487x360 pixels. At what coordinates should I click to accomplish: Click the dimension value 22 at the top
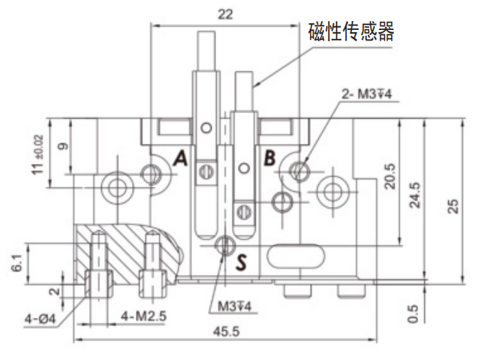(224, 13)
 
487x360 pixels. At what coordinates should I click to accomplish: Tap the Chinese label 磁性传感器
(351, 31)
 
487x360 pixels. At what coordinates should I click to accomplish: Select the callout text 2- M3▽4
(367, 94)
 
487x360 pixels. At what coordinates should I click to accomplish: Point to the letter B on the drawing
(269, 158)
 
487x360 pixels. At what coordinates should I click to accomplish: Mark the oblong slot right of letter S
(296, 256)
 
